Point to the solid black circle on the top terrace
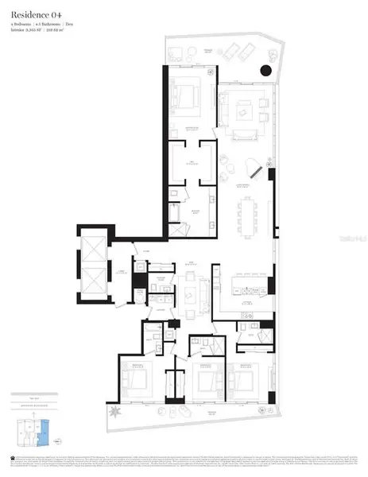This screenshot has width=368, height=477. click(264, 73)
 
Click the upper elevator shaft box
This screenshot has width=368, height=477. click(90, 254)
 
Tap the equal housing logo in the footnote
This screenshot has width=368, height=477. click(13, 458)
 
